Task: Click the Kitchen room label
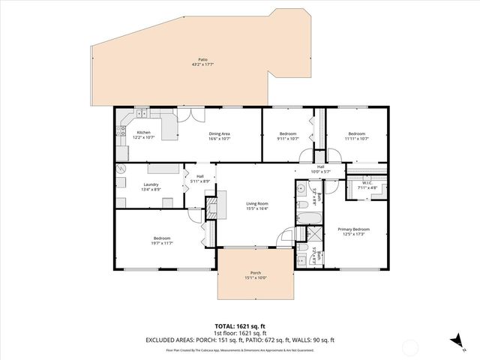(x=143, y=133)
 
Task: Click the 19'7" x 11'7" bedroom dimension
(x=162, y=243)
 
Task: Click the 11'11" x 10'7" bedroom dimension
(x=358, y=138)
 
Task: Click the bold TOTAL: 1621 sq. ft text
(x=240, y=326)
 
